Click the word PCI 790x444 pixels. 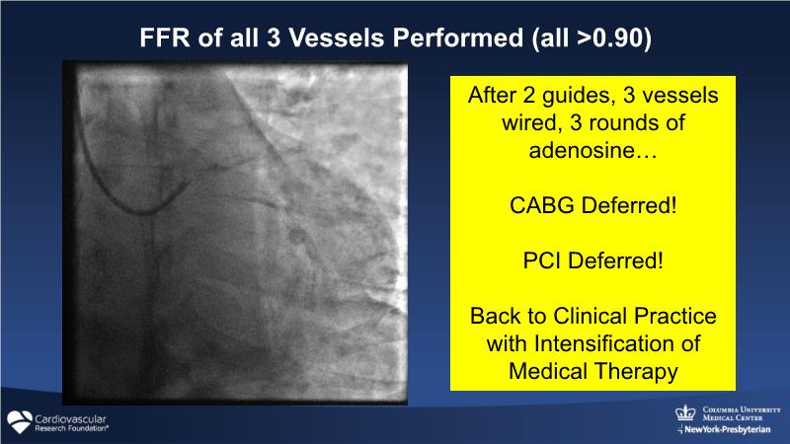(x=541, y=260)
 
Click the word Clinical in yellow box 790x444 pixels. (x=590, y=316)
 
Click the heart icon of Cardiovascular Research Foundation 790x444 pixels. (x=20, y=422)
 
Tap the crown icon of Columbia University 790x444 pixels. (x=685, y=413)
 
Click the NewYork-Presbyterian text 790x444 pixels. (x=727, y=430)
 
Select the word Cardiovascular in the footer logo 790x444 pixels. (x=70, y=418)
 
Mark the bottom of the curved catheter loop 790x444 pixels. (x=144, y=212)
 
